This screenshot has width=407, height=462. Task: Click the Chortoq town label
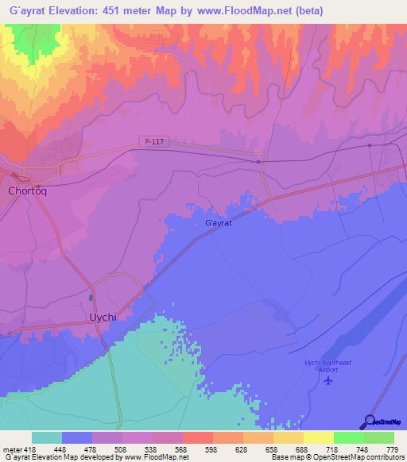[x=29, y=191]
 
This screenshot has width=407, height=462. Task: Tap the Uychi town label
[x=101, y=317]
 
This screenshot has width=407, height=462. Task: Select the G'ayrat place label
[x=219, y=223]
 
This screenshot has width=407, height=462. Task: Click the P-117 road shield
[x=154, y=141]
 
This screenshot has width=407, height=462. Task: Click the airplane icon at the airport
[x=329, y=380]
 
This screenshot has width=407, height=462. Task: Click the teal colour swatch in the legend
[x=47, y=437]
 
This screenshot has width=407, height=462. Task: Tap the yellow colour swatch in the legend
[x=319, y=437]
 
